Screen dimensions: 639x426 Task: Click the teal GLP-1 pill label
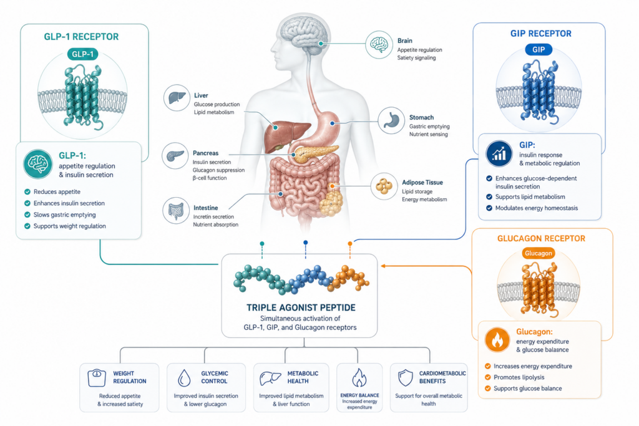pos(82,54)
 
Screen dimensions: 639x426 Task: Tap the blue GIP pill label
pos(539,50)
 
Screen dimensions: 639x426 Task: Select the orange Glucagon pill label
pos(539,253)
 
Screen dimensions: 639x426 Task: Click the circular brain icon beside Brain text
pos(379,45)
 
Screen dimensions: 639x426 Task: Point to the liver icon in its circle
pos(177,98)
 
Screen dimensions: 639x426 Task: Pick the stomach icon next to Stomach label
pos(391,120)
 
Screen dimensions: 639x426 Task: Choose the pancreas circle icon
pos(175,155)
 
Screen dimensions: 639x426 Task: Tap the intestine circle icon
pos(176,210)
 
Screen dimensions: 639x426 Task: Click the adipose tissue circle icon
pos(384,186)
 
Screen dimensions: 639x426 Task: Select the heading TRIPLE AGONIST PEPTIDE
pos(301,308)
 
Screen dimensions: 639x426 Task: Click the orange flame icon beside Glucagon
pos(497,340)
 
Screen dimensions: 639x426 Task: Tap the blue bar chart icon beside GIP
pos(499,153)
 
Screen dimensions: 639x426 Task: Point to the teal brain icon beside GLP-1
pos(38,164)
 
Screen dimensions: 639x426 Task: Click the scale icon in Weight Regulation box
pos(97,378)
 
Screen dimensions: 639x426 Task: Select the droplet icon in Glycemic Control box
pos(184,378)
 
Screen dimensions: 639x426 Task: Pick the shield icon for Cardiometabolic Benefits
pos(406,378)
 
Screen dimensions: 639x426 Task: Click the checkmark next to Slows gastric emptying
pos(27,215)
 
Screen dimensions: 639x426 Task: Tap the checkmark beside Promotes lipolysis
pos(488,377)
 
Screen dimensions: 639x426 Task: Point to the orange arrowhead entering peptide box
pos(383,266)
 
